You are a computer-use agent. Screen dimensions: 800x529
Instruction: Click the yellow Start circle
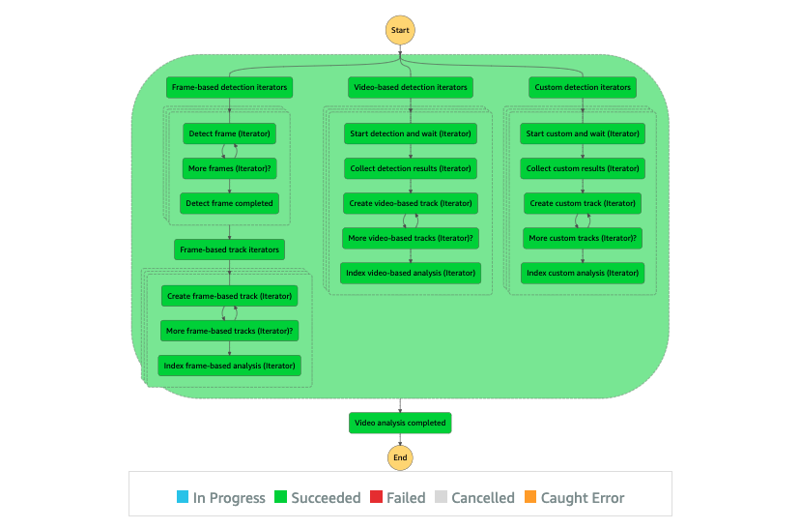point(400,30)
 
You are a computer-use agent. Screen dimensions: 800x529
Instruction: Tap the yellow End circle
point(400,457)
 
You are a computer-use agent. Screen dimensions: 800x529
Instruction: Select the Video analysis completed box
point(400,423)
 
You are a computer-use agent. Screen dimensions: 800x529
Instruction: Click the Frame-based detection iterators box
point(230,87)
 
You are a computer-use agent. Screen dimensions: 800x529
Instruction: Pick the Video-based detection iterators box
point(411,87)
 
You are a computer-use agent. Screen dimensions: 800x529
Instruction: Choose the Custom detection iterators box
point(583,87)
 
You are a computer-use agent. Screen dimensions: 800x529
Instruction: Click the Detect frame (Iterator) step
point(230,133)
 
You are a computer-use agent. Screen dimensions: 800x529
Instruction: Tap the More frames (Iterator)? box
point(230,168)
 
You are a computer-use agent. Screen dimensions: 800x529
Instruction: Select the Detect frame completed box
point(230,203)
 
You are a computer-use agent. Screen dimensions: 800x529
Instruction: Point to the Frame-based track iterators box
point(230,250)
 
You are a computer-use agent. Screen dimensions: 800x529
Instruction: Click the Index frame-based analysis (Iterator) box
point(230,366)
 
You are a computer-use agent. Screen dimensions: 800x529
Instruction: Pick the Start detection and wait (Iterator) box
point(411,133)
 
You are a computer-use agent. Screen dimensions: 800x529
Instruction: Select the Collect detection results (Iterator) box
point(411,168)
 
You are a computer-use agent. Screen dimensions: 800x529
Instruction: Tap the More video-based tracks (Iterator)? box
point(411,238)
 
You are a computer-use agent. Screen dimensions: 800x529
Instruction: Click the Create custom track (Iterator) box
point(583,203)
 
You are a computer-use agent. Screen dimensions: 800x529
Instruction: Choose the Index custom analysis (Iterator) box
point(583,273)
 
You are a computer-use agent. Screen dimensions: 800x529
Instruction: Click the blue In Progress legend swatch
point(183,497)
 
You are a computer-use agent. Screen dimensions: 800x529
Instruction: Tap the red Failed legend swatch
point(376,497)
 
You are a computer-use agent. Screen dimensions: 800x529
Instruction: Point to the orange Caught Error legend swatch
point(530,497)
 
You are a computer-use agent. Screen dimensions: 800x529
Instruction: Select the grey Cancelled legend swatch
point(441,497)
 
